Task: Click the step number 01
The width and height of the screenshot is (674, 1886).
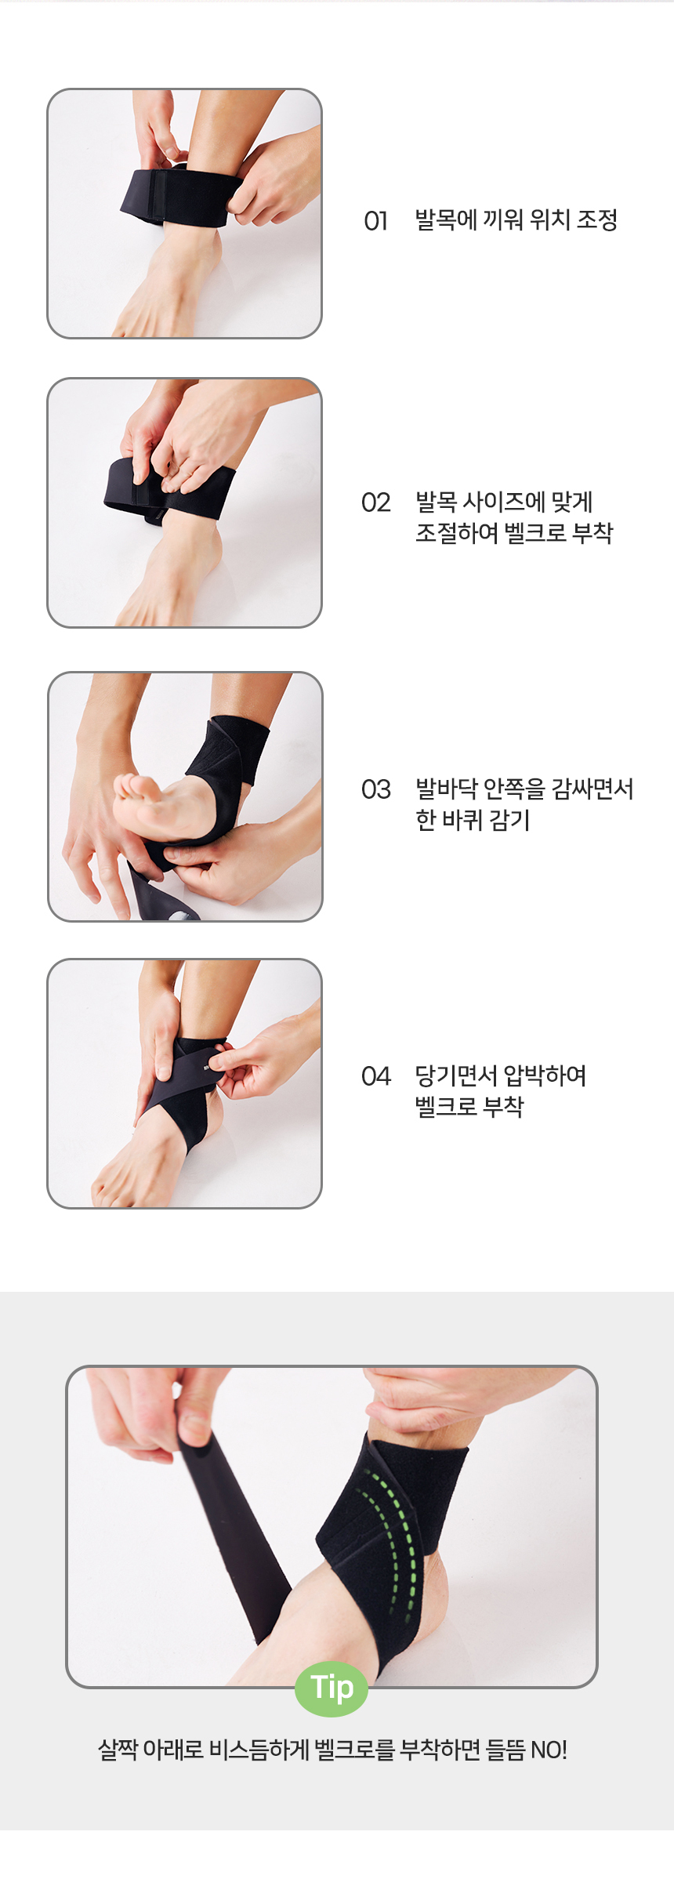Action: click(x=375, y=221)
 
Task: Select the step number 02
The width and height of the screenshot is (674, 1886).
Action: click(x=375, y=502)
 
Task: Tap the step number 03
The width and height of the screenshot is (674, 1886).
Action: click(x=375, y=789)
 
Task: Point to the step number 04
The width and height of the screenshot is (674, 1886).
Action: click(x=375, y=1076)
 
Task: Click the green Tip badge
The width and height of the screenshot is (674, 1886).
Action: click(x=332, y=1688)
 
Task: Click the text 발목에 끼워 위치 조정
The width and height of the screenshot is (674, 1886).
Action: click(x=516, y=220)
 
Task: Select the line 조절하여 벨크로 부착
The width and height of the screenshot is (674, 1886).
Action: click(x=514, y=533)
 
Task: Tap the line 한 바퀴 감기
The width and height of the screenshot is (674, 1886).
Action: click(x=473, y=820)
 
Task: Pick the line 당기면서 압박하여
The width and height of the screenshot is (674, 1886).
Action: click(x=500, y=1075)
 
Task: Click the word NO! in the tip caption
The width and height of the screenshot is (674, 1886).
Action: click(x=549, y=1750)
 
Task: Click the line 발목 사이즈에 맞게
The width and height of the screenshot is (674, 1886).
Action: click(x=504, y=502)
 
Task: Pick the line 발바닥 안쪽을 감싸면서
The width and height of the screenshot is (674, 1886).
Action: click(x=524, y=789)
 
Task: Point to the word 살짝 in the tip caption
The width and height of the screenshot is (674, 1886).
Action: click(x=118, y=1750)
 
